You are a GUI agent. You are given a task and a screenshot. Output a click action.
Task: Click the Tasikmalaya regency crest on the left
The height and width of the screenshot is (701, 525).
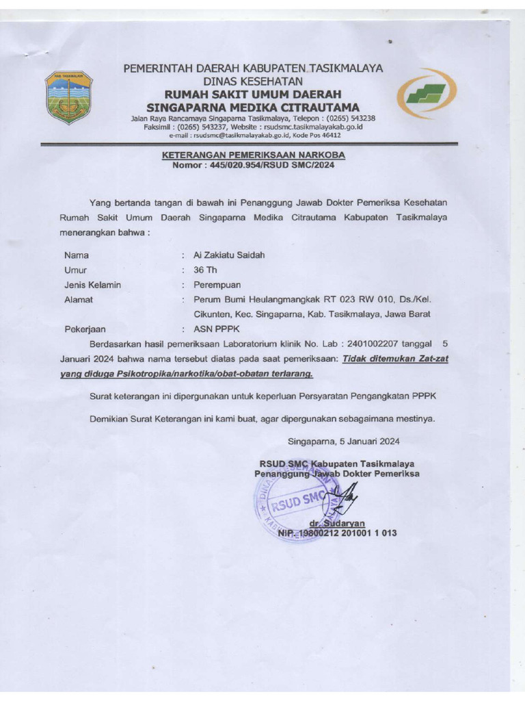(x=68, y=97)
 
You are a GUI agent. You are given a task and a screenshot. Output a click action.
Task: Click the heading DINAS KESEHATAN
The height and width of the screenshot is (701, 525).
(x=252, y=81)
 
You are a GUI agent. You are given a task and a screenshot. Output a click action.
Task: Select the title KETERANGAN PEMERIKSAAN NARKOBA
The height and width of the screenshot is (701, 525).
(x=253, y=155)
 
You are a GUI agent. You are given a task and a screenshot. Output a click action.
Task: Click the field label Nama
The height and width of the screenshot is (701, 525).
(x=77, y=255)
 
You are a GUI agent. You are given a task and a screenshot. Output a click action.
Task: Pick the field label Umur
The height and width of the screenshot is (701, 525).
(x=76, y=270)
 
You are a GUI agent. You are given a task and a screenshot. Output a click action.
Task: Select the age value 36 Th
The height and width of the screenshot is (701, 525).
(x=205, y=270)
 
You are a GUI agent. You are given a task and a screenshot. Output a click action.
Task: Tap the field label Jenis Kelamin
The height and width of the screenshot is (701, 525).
(x=92, y=285)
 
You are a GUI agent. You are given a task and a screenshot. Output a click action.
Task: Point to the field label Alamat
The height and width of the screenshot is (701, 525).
(x=79, y=300)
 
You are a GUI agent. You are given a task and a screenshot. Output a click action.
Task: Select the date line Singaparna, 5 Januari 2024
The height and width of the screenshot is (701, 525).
(x=343, y=442)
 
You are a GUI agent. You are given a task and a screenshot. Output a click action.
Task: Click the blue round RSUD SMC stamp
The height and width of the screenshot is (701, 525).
(x=291, y=505)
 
